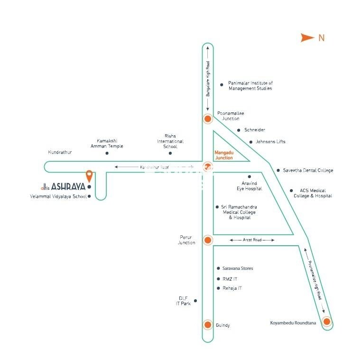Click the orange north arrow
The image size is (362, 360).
307,37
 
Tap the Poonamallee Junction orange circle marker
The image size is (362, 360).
207,119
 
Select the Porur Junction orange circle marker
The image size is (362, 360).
207,240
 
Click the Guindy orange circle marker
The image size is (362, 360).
207,325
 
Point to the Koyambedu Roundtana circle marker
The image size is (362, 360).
326,322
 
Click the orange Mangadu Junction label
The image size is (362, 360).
224,155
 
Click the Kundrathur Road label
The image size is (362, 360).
155,167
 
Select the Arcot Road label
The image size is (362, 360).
252,240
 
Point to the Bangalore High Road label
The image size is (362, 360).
208,80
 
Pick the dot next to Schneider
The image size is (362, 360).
239,130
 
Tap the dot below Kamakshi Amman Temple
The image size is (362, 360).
107,153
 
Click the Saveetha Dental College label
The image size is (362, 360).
308,170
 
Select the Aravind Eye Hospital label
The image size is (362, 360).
250,186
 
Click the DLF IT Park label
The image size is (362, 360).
183,301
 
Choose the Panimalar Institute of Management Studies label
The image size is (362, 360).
250,85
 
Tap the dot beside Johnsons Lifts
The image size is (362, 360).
251,141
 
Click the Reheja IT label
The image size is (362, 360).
232,288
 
